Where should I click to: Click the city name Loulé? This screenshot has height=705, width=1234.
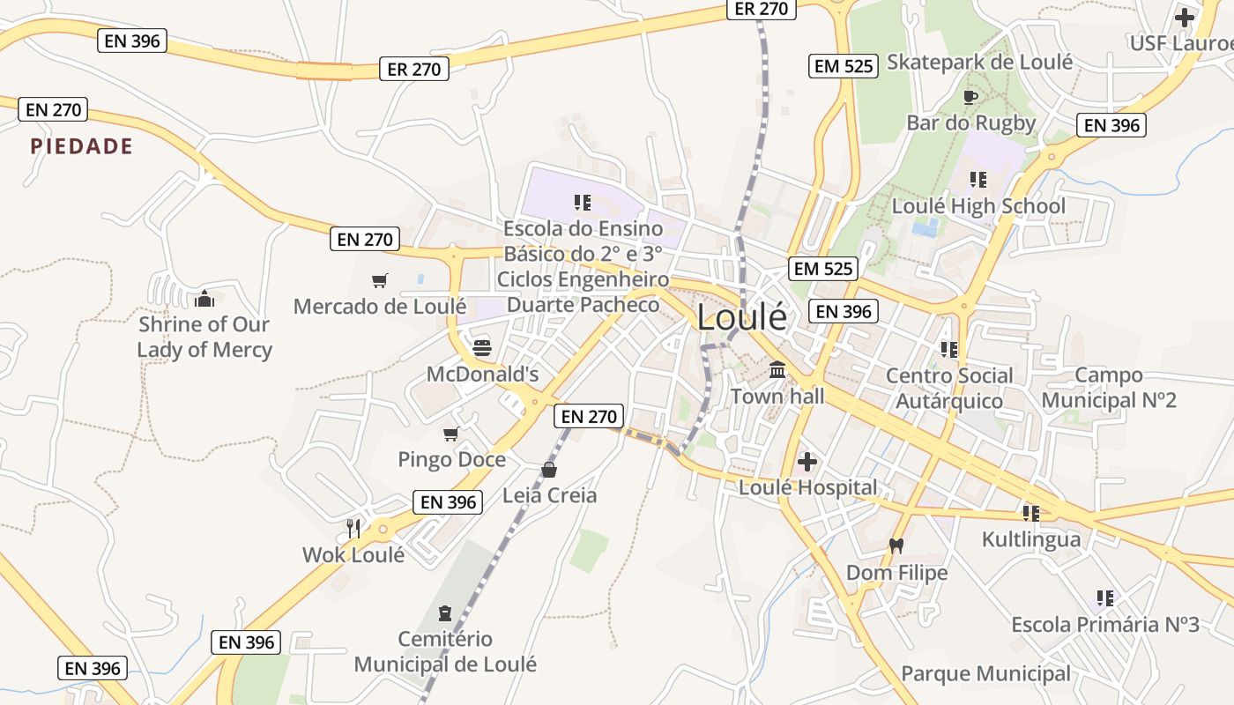741,317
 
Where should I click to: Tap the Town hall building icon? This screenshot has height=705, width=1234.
777,370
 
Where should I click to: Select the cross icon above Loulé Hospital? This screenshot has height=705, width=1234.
807,461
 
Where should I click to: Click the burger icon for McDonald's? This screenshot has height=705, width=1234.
481,347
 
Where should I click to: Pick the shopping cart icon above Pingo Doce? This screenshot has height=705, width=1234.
451,434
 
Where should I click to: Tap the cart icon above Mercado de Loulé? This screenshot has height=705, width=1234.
380,280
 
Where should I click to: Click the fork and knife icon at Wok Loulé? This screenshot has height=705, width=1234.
353,528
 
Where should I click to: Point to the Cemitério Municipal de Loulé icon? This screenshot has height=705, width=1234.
445,612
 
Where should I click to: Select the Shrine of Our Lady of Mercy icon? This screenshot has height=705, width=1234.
204,299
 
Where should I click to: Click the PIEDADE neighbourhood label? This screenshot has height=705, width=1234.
82,146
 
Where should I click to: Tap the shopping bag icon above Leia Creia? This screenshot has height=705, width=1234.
549,469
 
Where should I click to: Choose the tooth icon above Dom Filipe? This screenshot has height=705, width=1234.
896,545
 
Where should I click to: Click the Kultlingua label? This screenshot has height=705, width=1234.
1031,538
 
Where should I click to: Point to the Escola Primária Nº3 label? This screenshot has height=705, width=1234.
1105,625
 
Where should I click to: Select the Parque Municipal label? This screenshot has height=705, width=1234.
985,674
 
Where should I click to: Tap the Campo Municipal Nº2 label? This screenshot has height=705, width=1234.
1109,388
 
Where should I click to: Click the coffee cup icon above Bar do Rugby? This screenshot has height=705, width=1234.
970,97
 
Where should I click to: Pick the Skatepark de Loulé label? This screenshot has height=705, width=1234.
979,62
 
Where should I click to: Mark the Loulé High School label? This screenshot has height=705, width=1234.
978,206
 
